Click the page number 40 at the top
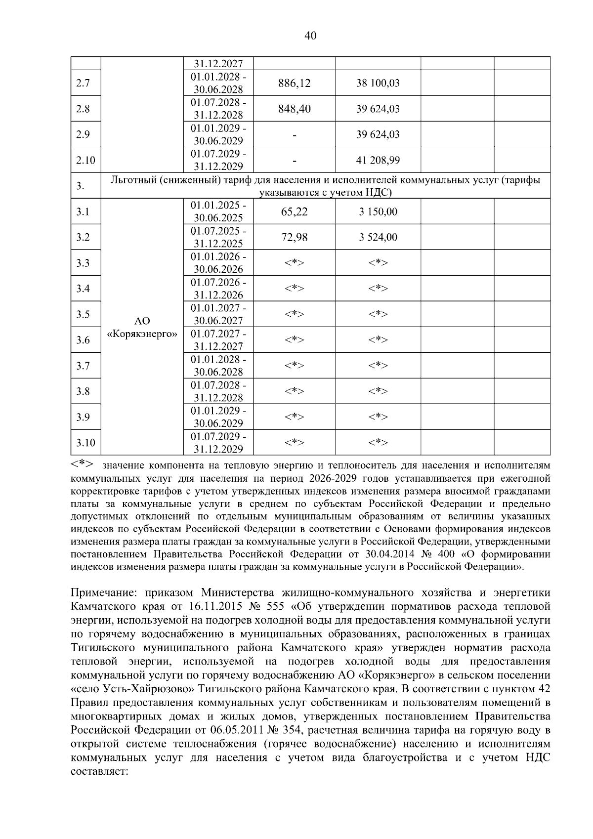click(310, 36)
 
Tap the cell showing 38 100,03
click(378, 83)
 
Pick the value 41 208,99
click(378, 160)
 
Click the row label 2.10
click(85, 160)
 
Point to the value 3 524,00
click(378, 237)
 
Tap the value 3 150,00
click(378, 211)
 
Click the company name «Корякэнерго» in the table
click(142, 334)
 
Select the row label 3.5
click(83, 314)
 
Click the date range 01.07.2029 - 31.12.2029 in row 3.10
click(218, 443)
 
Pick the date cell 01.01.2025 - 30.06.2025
click(218, 211)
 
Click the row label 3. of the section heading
click(81, 186)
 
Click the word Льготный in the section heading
click(132, 180)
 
